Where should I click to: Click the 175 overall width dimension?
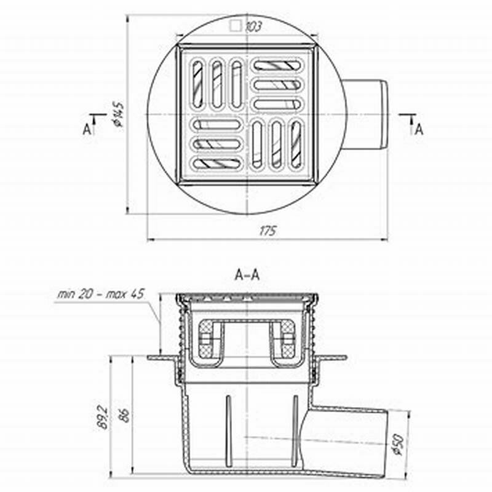[268, 231]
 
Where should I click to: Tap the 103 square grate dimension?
[253, 26]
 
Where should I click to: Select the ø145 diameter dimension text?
[118, 114]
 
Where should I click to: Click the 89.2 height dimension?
[103, 418]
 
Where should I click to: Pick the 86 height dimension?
[124, 415]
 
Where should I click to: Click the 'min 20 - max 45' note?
[101, 294]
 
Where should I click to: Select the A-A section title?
[247, 275]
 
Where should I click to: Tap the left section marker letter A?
[87, 129]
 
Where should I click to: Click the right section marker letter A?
[419, 129]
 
